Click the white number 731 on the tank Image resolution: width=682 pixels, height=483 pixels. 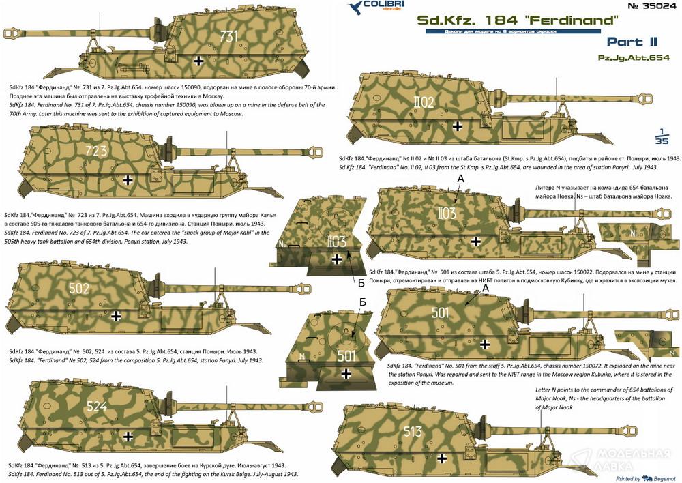229,35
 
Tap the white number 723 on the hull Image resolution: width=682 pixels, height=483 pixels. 96,151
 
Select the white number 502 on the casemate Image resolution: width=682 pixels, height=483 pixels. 79,289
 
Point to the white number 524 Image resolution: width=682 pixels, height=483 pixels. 97,407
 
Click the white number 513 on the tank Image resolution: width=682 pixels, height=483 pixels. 413,431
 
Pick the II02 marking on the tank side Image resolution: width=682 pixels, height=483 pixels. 424,102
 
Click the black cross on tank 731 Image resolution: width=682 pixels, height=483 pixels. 198,61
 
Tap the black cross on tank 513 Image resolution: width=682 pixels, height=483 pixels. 442,458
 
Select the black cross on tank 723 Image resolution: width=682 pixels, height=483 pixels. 128,179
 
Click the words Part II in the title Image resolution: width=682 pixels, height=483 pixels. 632,42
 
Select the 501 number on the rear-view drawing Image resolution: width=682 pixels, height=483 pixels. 346,355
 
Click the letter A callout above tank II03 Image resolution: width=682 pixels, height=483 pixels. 461,179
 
